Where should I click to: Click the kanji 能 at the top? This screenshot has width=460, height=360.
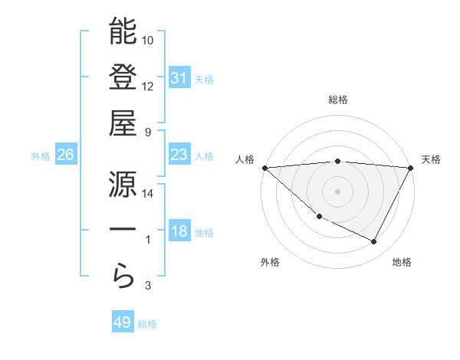point(123,31)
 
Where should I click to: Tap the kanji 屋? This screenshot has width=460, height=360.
point(123,123)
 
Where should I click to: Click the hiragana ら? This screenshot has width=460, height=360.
point(123,277)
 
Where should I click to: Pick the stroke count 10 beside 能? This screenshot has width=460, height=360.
point(148,40)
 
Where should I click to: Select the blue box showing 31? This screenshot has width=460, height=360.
point(179,77)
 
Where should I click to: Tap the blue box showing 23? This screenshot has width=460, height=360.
point(179,155)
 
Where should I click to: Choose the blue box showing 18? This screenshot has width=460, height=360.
point(179,231)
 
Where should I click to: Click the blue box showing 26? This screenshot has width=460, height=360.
point(66,155)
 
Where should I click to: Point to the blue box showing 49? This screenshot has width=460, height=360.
point(123,322)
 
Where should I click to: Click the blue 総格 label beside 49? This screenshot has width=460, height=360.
point(147,324)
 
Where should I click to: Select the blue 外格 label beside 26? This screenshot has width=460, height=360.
point(41,155)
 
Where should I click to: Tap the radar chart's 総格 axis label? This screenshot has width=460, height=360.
point(338,100)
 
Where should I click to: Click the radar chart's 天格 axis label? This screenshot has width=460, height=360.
point(431,159)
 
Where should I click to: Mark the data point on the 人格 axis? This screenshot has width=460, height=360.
point(264,168)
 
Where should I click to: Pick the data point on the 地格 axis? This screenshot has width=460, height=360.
point(374,242)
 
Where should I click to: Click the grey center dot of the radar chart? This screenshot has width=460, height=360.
point(338,191)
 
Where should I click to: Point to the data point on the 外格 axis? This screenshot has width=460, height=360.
point(319,217)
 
